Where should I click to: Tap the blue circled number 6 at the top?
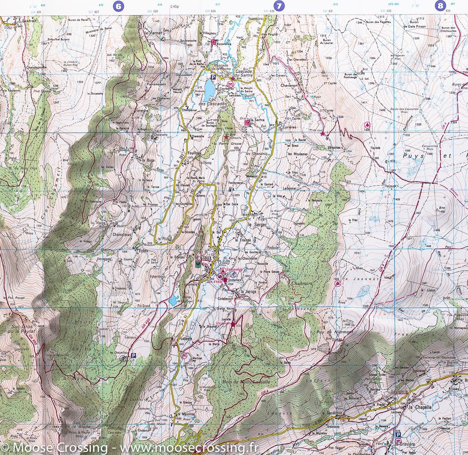click(x=117, y=6)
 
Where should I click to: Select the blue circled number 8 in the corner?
click(x=440, y=6)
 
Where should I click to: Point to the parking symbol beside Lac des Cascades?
click(x=213, y=77)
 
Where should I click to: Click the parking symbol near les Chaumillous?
click(x=133, y=355)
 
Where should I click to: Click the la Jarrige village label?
click(x=248, y=291)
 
